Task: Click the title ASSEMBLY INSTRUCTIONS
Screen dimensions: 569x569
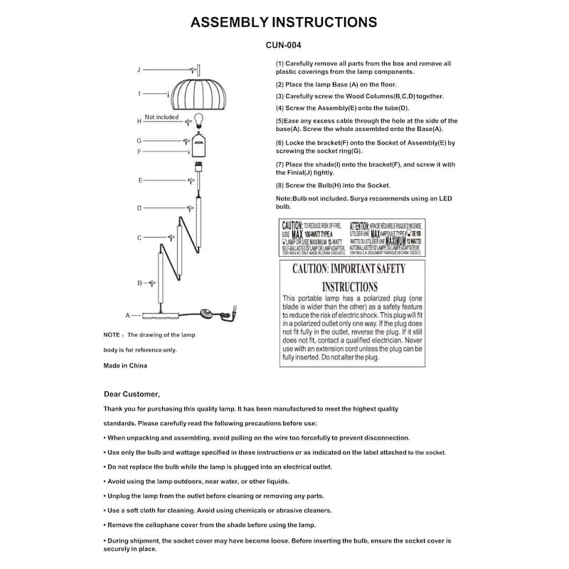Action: [284, 22]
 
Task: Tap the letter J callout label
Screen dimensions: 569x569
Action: [139, 69]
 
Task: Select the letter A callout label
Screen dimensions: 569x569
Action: [128, 314]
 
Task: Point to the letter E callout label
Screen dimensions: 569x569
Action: [141, 181]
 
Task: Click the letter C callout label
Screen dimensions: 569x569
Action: [139, 238]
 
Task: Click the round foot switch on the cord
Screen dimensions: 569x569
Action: [210, 312]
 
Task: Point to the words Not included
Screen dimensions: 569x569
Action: [161, 117]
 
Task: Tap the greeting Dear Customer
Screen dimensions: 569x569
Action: [132, 394]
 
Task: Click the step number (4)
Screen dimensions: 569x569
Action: [280, 107]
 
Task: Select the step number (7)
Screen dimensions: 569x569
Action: [280, 164]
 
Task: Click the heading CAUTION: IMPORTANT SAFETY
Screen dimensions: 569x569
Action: [349, 269]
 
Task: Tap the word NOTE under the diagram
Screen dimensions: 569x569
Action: [112, 334]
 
